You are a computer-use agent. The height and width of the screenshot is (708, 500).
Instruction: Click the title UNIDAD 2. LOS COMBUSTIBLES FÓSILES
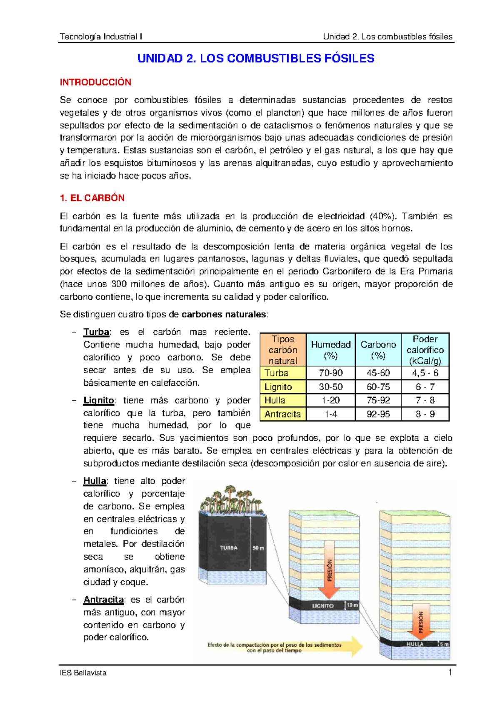click(x=256, y=58)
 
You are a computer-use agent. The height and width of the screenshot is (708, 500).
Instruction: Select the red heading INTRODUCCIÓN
click(x=95, y=82)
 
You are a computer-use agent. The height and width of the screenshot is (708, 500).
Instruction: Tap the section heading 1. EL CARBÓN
click(x=92, y=198)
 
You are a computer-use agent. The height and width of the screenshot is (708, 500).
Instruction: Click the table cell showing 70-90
click(x=330, y=373)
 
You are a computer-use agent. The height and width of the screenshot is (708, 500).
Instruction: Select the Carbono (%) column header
click(x=378, y=350)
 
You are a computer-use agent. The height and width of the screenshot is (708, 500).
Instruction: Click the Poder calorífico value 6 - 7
click(x=425, y=387)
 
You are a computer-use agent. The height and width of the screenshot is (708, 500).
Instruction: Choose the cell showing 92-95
click(x=378, y=414)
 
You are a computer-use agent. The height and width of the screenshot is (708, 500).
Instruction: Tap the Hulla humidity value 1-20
click(x=330, y=400)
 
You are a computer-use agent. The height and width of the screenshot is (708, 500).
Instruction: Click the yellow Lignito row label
click(x=278, y=387)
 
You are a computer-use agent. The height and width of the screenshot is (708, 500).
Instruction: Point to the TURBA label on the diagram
click(x=229, y=548)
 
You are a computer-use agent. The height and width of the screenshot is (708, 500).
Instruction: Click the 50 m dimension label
click(x=258, y=548)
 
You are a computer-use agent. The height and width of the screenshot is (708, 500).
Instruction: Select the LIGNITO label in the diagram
click(x=323, y=605)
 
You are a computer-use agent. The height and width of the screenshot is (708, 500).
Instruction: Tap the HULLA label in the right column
click(x=415, y=644)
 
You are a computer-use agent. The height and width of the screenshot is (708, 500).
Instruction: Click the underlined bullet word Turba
click(x=96, y=332)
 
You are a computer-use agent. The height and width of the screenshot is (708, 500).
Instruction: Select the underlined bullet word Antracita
click(x=103, y=600)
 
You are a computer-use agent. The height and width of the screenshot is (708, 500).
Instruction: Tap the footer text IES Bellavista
click(x=83, y=673)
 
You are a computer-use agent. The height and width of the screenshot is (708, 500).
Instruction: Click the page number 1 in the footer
click(x=450, y=672)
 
